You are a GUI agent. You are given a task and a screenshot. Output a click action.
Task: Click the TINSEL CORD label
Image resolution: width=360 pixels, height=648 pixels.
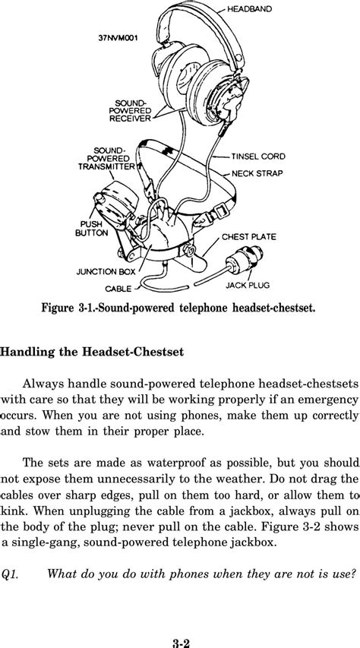259,156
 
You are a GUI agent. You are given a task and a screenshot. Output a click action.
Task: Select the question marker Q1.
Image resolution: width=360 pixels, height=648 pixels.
10,573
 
